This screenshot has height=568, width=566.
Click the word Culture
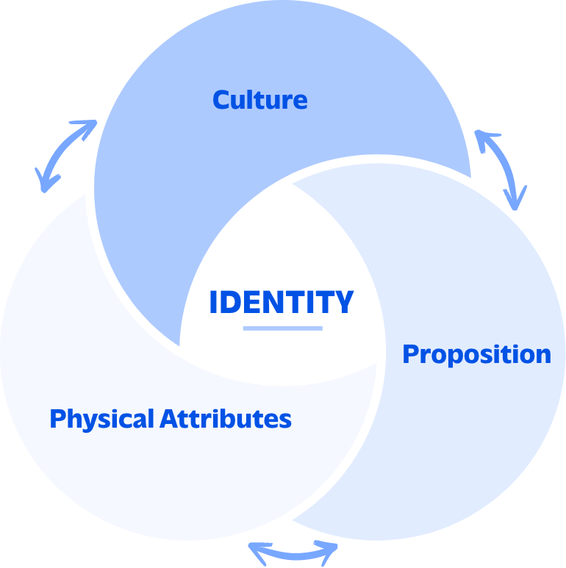pyautogui.click(x=260, y=99)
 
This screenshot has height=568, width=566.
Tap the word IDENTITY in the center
pyautogui.click(x=282, y=302)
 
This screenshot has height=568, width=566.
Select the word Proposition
pyautogui.click(x=476, y=354)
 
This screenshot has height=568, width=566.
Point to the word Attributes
pyautogui.click(x=226, y=419)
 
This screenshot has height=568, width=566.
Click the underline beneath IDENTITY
pyautogui.click(x=282, y=328)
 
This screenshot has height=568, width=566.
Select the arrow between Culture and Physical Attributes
pyautogui.click(x=65, y=156)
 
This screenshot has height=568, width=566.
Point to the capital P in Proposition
pyautogui.click(x=411, y=354)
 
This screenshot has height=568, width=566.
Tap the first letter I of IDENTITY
pyautogui.click(x=213, y=302)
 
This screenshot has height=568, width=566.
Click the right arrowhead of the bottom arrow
pyautogui.click(x=332, y=548)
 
